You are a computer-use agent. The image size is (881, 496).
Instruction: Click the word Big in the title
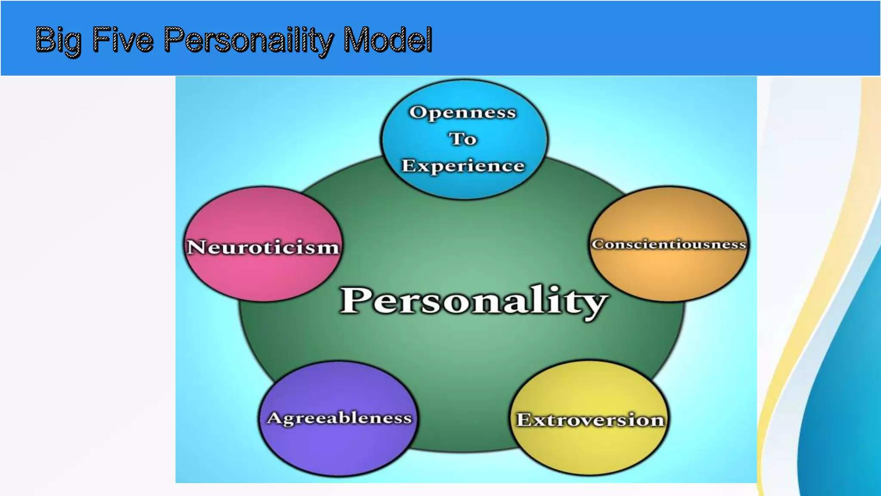[x=58, y=40]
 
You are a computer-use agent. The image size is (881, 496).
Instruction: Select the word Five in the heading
[x=123, y=40]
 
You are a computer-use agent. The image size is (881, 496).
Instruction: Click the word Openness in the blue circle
[x=462, y=112]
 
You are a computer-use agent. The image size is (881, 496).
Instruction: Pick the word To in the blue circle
[x=463, y=139]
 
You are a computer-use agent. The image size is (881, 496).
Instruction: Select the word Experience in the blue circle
[x=463, y=166]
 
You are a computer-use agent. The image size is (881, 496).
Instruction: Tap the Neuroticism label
[x=263, y=247]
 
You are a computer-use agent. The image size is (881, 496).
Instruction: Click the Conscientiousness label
[x=668, y=244]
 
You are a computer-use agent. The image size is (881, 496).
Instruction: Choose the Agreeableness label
[x=339, y=418]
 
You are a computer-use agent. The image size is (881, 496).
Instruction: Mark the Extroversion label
[x=590, y=420]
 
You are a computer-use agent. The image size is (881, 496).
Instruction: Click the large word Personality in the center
[x=473, y=301]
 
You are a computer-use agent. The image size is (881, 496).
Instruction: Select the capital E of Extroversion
[x=524, y=420]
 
